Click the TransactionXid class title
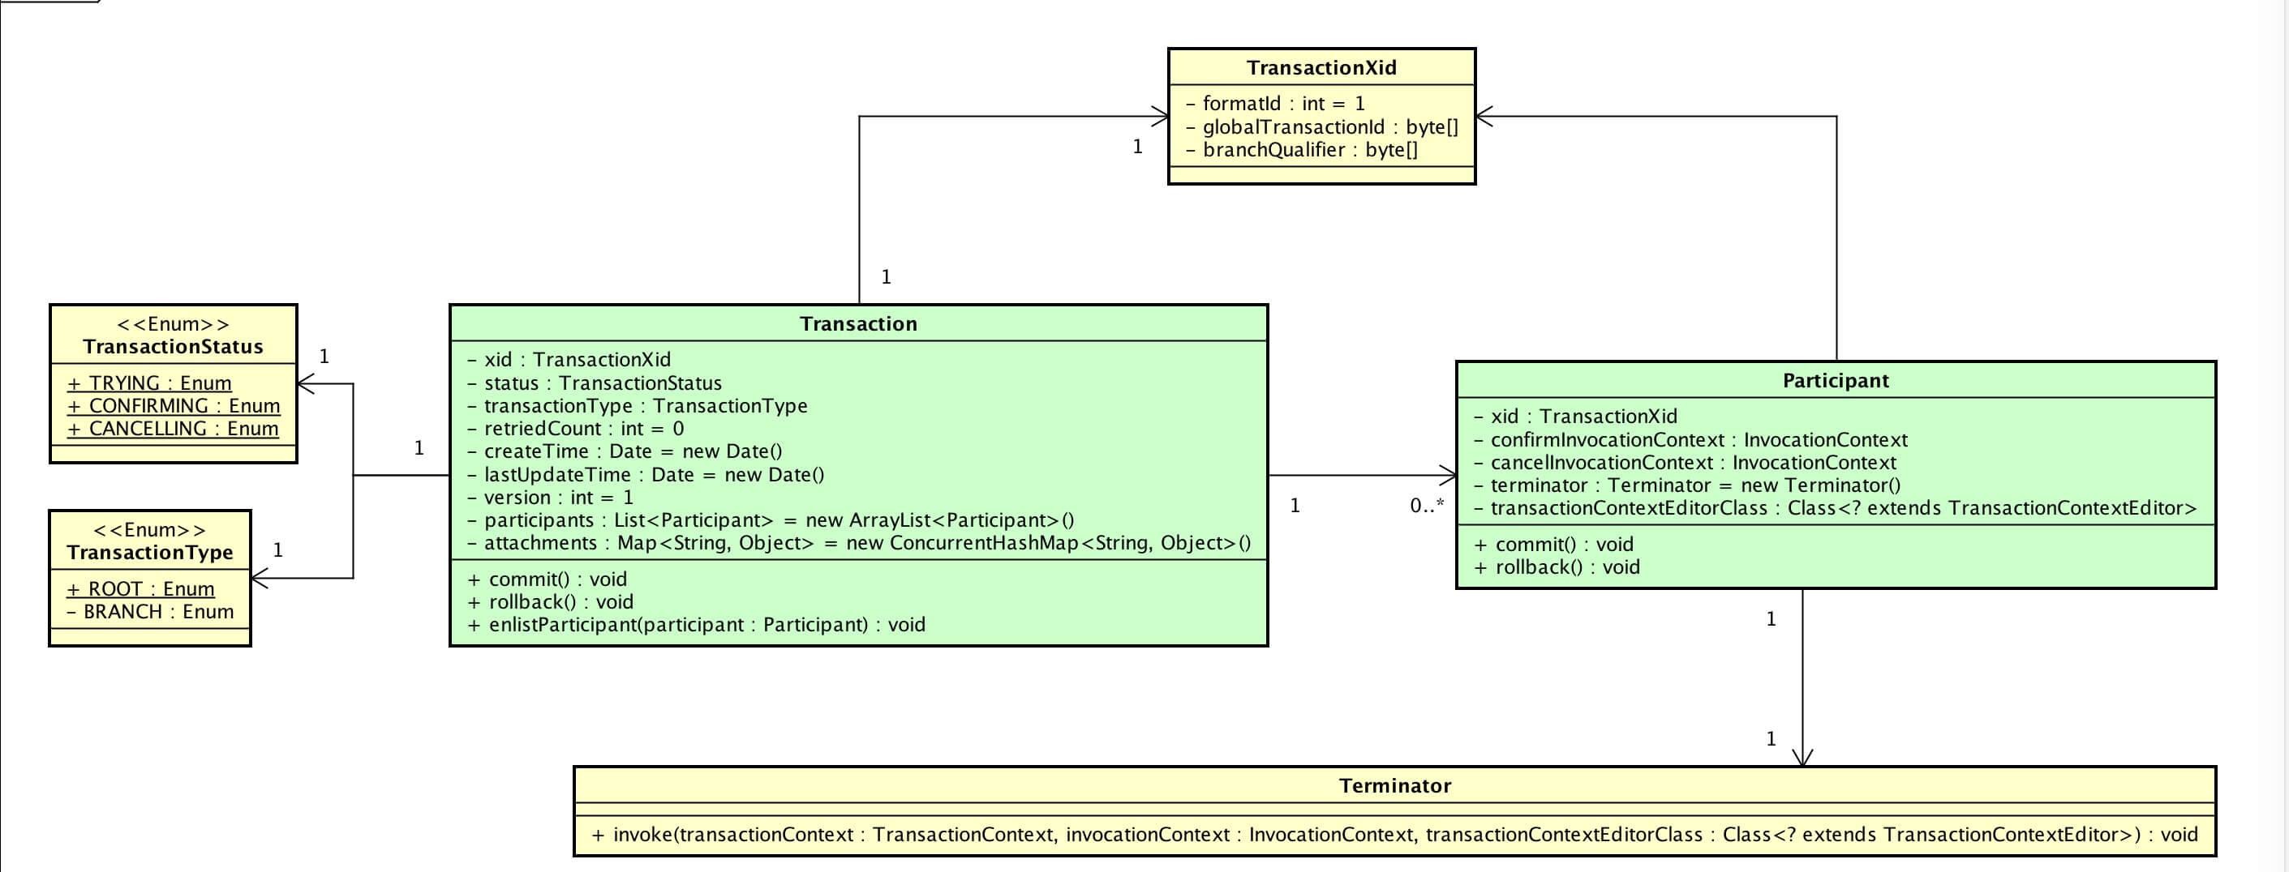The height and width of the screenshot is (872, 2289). click(1321, 67)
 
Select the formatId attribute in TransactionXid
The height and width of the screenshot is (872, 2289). click(1275, 104)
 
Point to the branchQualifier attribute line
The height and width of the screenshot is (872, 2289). click(1302, 150)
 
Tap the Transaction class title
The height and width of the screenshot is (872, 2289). click(858, 324)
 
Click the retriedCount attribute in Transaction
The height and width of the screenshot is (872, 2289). click(576, 429)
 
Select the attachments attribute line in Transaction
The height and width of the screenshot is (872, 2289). click(859, 544)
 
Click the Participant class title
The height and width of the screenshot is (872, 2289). click(1836, 381)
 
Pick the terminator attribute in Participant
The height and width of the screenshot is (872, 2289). click(1687, 485)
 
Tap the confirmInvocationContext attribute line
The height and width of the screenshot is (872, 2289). click(1691, 440)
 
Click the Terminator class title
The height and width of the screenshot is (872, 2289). click(1395, 786)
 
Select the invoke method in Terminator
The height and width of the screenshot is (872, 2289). click(1395, 835)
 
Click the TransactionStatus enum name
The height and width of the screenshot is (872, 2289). click(174, 347)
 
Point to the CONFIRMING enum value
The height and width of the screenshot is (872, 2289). click(174, 406)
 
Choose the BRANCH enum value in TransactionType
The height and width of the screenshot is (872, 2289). click(150, 612)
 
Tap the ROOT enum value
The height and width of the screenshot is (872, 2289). click(140, 588)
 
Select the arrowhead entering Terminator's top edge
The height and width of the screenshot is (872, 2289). click(1802, 757)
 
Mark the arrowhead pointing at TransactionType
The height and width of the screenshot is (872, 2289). click(260, 579)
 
